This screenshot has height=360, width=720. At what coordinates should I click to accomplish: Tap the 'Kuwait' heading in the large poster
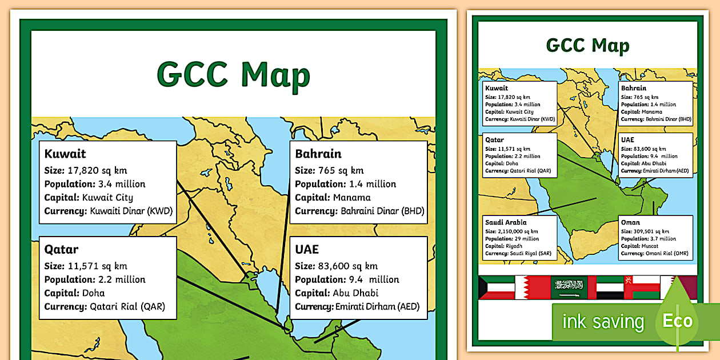[65, 154]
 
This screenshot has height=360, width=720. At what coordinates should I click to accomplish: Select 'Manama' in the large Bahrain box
[351, 198]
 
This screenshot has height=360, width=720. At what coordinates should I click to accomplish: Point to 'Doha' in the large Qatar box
[94, 293]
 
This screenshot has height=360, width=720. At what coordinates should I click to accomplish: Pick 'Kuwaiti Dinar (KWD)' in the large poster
[131, 211]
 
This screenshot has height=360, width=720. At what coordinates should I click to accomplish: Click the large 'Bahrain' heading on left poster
[318, 154]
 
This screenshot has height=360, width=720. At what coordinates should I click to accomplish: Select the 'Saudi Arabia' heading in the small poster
[506, 222]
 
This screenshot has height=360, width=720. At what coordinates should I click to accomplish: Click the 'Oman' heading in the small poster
[630, 222]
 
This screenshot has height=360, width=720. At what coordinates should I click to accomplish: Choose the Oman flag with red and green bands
[641, 287]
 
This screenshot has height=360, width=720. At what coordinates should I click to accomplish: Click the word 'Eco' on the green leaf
[677, 321]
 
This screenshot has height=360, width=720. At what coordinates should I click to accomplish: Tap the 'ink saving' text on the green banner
[603, 322]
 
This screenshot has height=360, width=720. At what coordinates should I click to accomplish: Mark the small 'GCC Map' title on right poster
[587, 46]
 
